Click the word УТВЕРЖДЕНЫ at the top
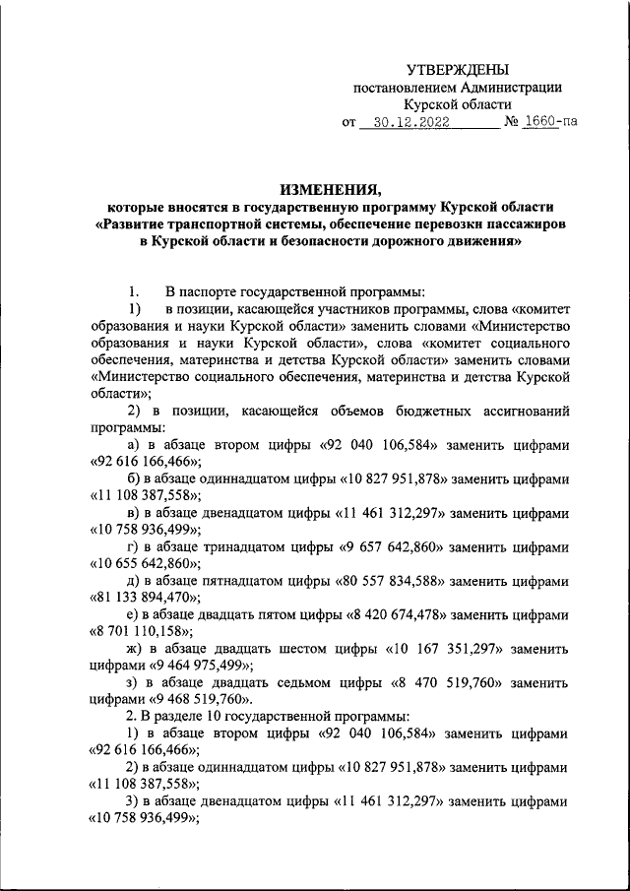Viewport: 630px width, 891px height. (459, 70)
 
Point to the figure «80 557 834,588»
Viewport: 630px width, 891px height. (401, 581)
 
